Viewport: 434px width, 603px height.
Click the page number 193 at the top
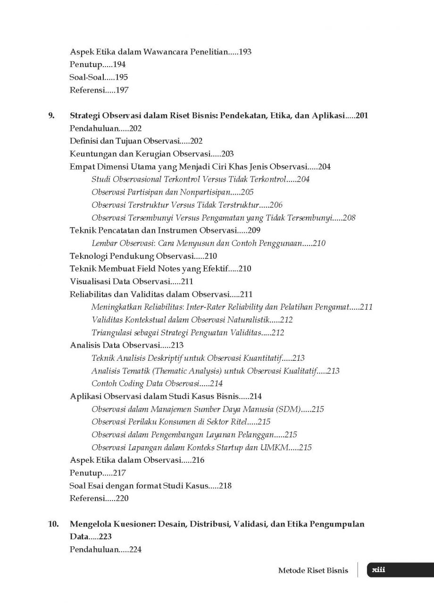tap(245, 52)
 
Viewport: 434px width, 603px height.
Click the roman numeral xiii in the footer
tap(379, 570)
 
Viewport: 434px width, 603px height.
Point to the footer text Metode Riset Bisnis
tap(313, 570)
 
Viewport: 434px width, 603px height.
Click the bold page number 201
tap(362, 115)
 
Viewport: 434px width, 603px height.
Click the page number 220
tap(121, 498)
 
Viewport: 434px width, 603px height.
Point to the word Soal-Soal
tap(86, 77)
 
